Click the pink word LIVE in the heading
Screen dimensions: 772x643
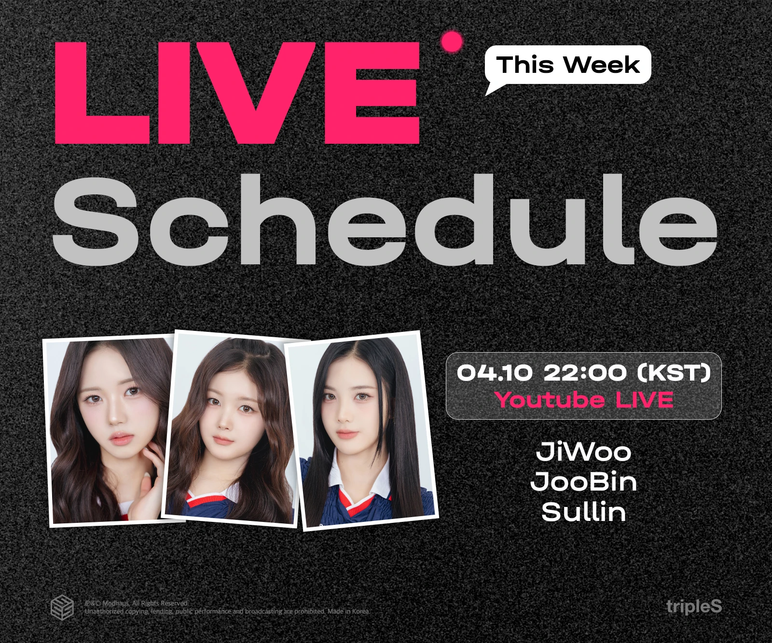(x=237, y=93)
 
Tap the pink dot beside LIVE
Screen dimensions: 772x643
(x=452, y=42)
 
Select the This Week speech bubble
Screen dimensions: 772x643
(x=567, y=68)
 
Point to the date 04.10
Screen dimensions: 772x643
(x=495, y=372)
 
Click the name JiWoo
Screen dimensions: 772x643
(x=584, y=451)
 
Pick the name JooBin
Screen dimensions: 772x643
(x=584, y=481)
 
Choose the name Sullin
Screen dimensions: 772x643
(x=584, y=511)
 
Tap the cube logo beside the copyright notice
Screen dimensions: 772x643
(x=62, y=608)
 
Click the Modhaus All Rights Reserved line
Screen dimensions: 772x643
(x=137, y=603)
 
